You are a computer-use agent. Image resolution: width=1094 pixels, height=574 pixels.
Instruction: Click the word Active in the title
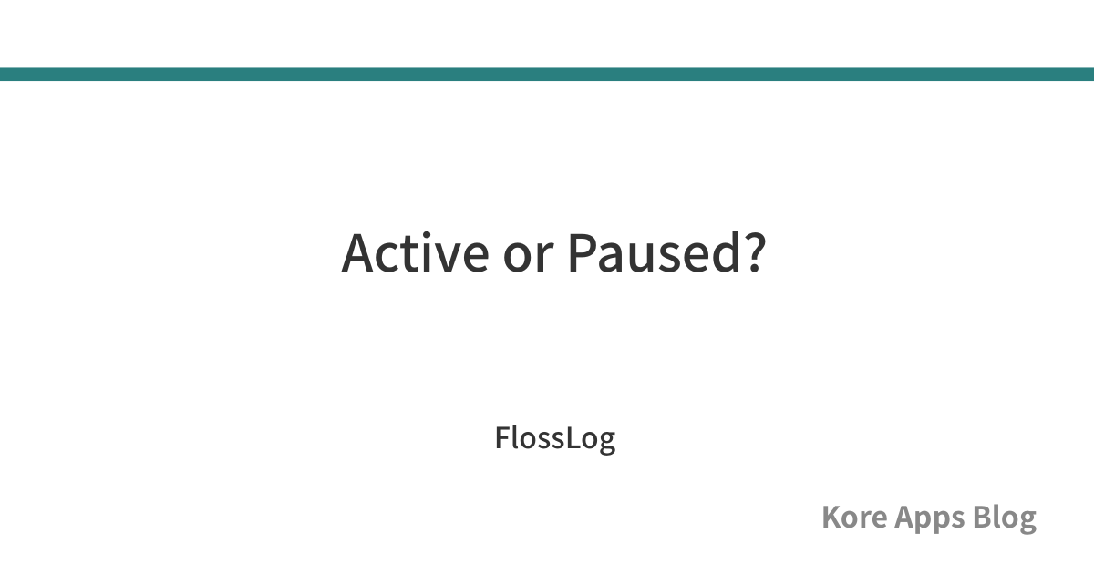pyautogui.click(x=415, y=252)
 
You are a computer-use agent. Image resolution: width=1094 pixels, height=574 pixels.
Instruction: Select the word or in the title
pyautogui.click(x=529, y=258)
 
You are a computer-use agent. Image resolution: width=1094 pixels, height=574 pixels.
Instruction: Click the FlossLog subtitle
pyautogui.click(x=555, y=439)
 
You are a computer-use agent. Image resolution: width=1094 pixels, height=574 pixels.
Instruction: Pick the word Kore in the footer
pyautogui.click(x=854, y=517)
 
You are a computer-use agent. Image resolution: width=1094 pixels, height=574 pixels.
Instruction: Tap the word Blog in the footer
pyautogui.click(x=1004, y=518)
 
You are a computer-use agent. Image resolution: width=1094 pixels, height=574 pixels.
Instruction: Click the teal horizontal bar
pyautogui.click(x=547, y=74)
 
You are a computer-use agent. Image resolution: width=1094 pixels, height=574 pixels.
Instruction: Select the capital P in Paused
pyautogui.click(x=583, y=253)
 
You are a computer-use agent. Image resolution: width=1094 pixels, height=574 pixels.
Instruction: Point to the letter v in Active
pyautogui.click(x=442, y=258)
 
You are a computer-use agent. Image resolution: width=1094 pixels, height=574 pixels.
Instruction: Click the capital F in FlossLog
pyautogui.click(x=504, y=438)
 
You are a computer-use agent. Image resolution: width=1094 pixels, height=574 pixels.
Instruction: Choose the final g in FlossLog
pyautogui.click(x=606, y=443)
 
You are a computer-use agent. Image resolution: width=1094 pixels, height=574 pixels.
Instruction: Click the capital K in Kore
pyautogui.click(x=832, y=517)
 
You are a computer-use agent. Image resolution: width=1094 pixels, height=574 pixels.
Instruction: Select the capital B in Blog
pyautogui.click(x=982, y=517)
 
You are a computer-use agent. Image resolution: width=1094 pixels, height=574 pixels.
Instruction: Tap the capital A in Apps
pyautogui.click(x=905, y=517)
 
